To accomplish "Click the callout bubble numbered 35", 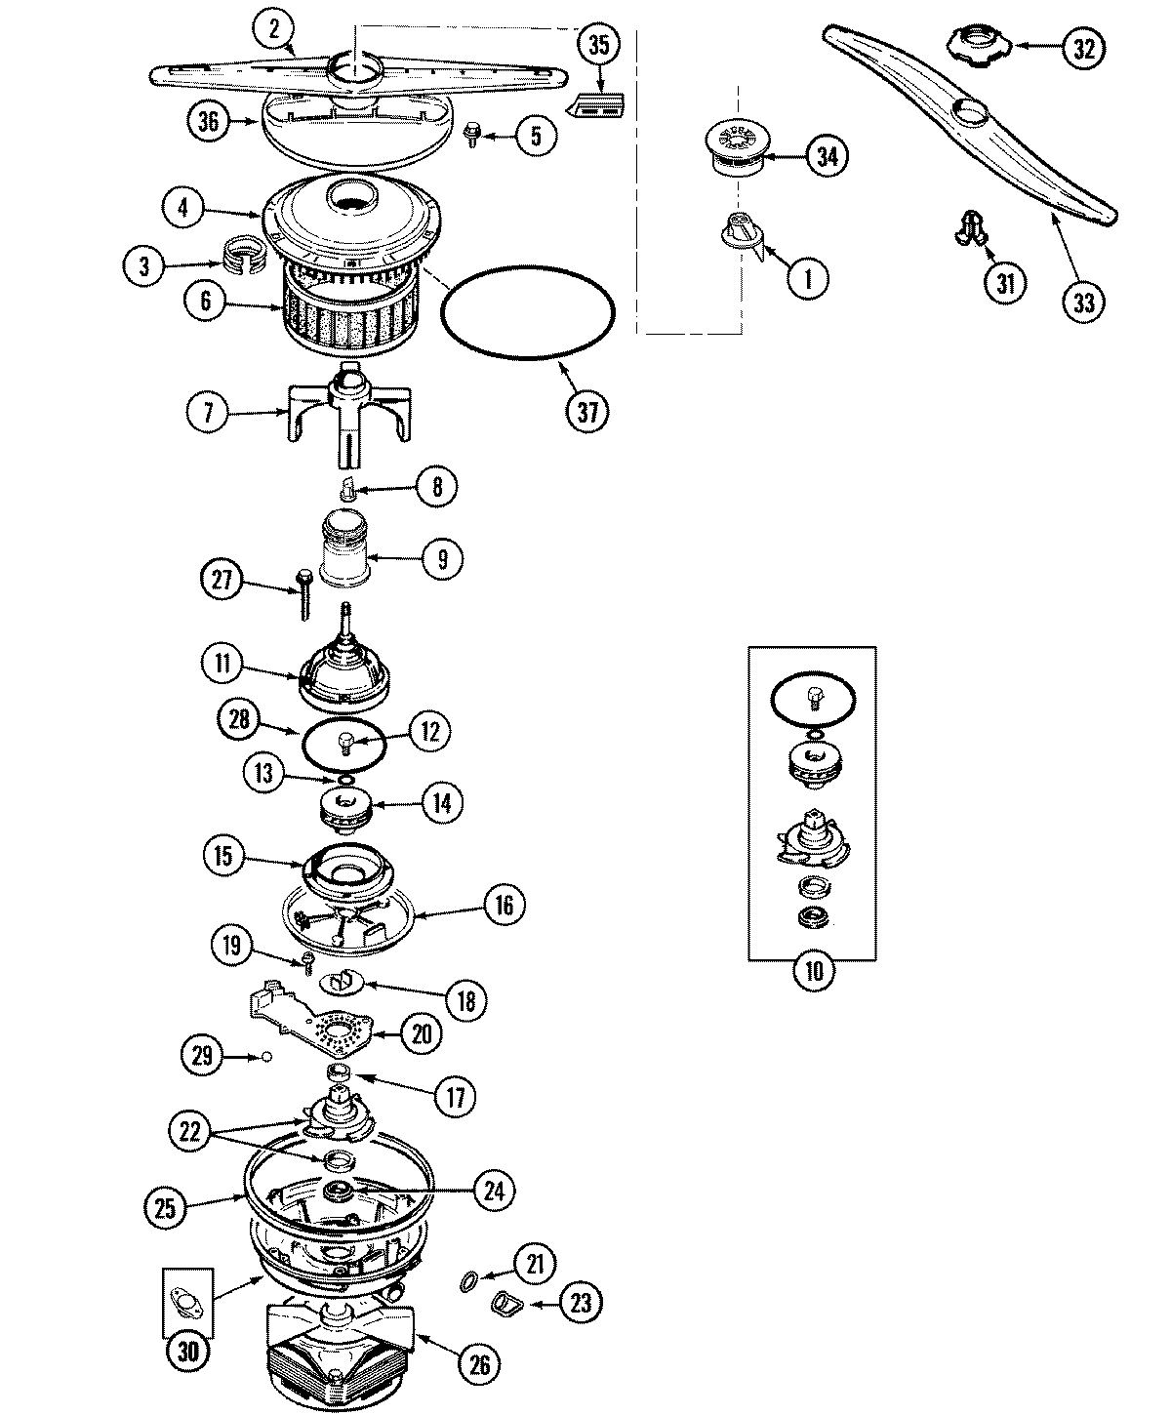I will click(599, 45).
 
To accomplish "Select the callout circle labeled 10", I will click(813, 971).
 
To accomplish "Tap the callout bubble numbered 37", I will click(587, 411).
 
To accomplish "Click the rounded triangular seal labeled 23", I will click(506, 1302).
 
